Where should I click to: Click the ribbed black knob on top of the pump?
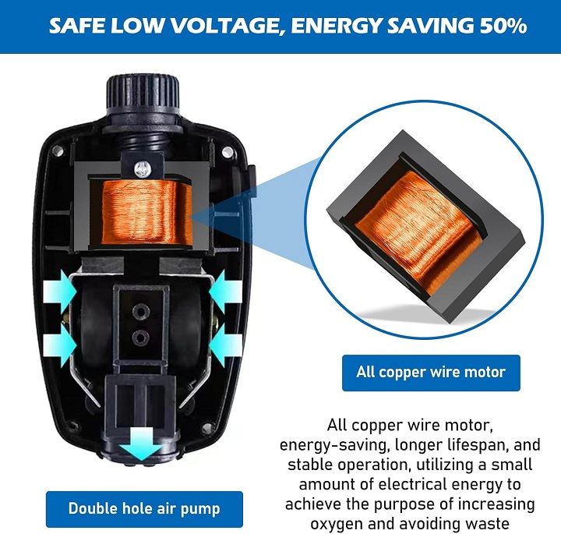[143, 92]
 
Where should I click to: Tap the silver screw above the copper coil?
[143, 168]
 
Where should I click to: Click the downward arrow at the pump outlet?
[141, 444]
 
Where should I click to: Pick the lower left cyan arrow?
[60, 345]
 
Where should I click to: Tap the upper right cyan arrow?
[226, 292]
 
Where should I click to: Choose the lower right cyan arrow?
[226, 345]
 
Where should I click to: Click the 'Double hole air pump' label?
[144, 509]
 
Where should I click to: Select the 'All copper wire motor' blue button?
[431, 373]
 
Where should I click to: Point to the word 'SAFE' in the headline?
[77, 26]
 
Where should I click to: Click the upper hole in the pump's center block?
[140, 311]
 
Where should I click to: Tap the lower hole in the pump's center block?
[140, 338]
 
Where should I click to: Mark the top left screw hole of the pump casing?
[57, 150]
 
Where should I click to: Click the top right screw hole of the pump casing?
[228, 152]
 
